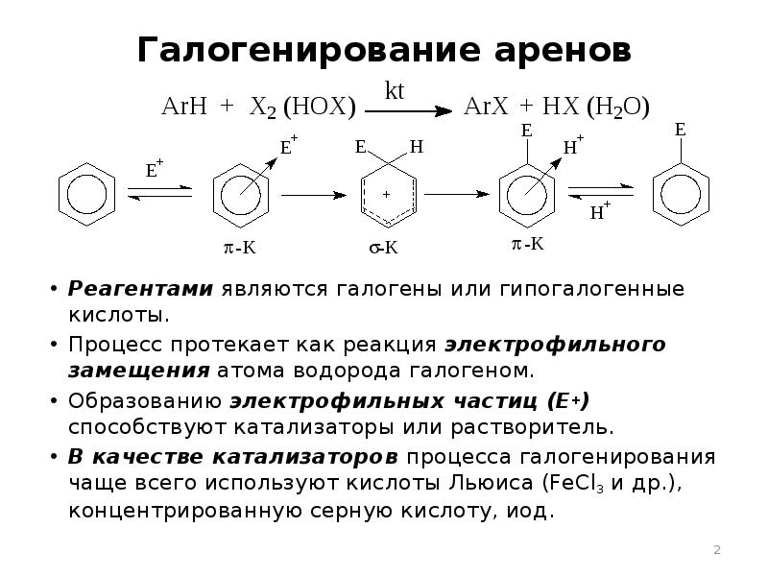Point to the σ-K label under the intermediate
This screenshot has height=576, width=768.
click(384, 248)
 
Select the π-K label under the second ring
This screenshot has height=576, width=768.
click(240, 248)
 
